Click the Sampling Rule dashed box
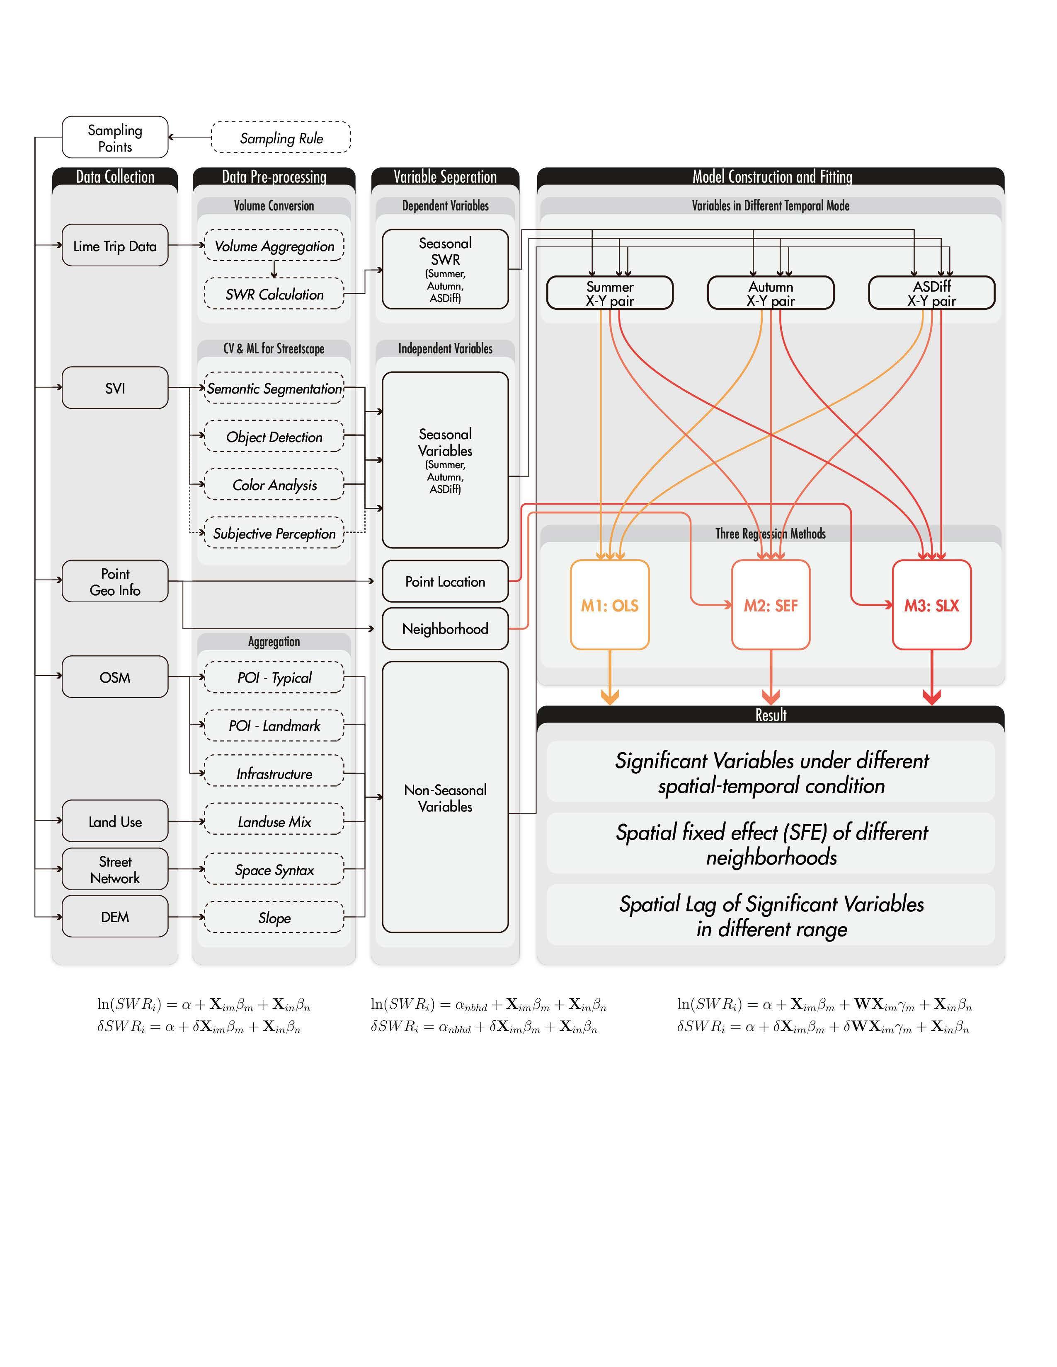pos(281,137)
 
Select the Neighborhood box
pos(445,628)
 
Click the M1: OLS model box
pos(609,605)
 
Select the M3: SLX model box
pos(931,605)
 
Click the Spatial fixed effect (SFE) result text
pos(771,844)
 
